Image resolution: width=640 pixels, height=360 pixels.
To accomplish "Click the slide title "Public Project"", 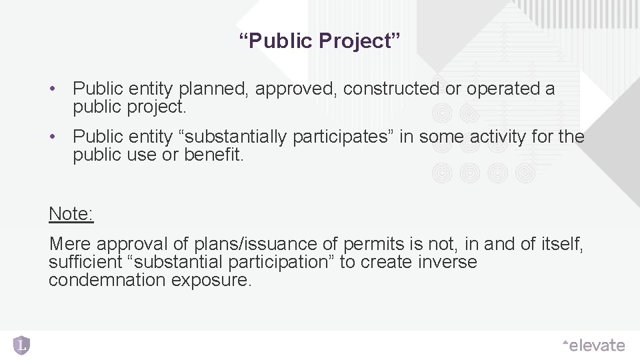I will pos(320,41).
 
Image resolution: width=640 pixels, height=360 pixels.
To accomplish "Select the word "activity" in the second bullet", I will pos(496,137).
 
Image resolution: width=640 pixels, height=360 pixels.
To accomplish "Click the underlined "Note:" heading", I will pos(71,214).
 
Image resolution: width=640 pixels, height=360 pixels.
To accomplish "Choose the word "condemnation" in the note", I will pos(107,280).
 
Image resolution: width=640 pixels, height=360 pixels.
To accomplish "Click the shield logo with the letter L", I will pos(22,345).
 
